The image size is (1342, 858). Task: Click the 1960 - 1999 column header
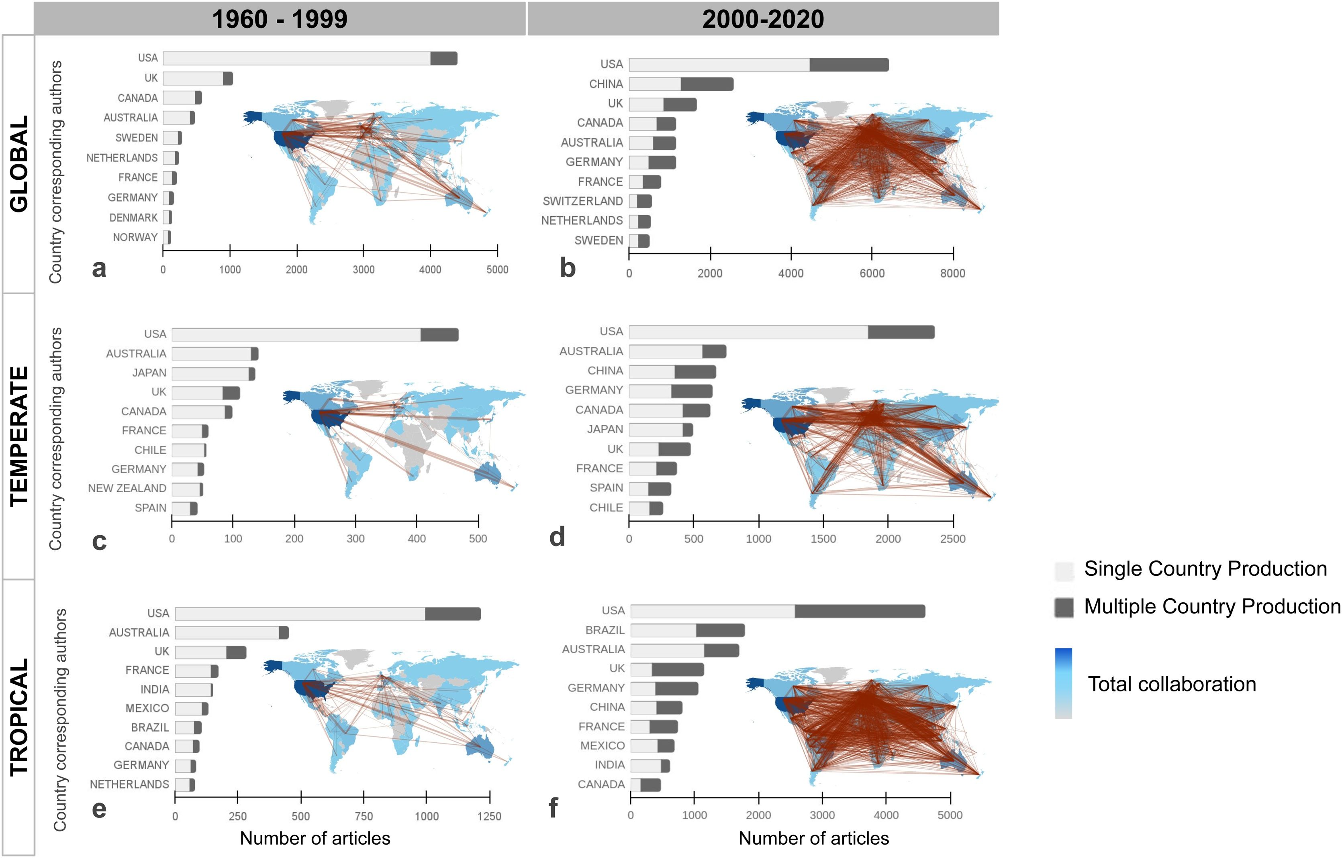tap(280, 19)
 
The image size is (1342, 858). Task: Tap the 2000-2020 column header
tap(762, 19)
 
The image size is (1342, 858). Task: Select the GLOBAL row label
tap(19, 164)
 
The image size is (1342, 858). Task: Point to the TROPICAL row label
tap(19, 717)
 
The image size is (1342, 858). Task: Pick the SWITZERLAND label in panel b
tap(582, 201)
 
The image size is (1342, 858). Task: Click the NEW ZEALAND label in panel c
tap(127, 489)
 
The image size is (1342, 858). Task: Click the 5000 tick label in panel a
tap(497, 270)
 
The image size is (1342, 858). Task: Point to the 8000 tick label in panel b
tap(952, 273)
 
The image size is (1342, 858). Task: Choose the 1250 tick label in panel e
tap(489, 816)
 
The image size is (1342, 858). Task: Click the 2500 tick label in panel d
tap(952, 539)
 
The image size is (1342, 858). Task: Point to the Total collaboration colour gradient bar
tap(1063, 683)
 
